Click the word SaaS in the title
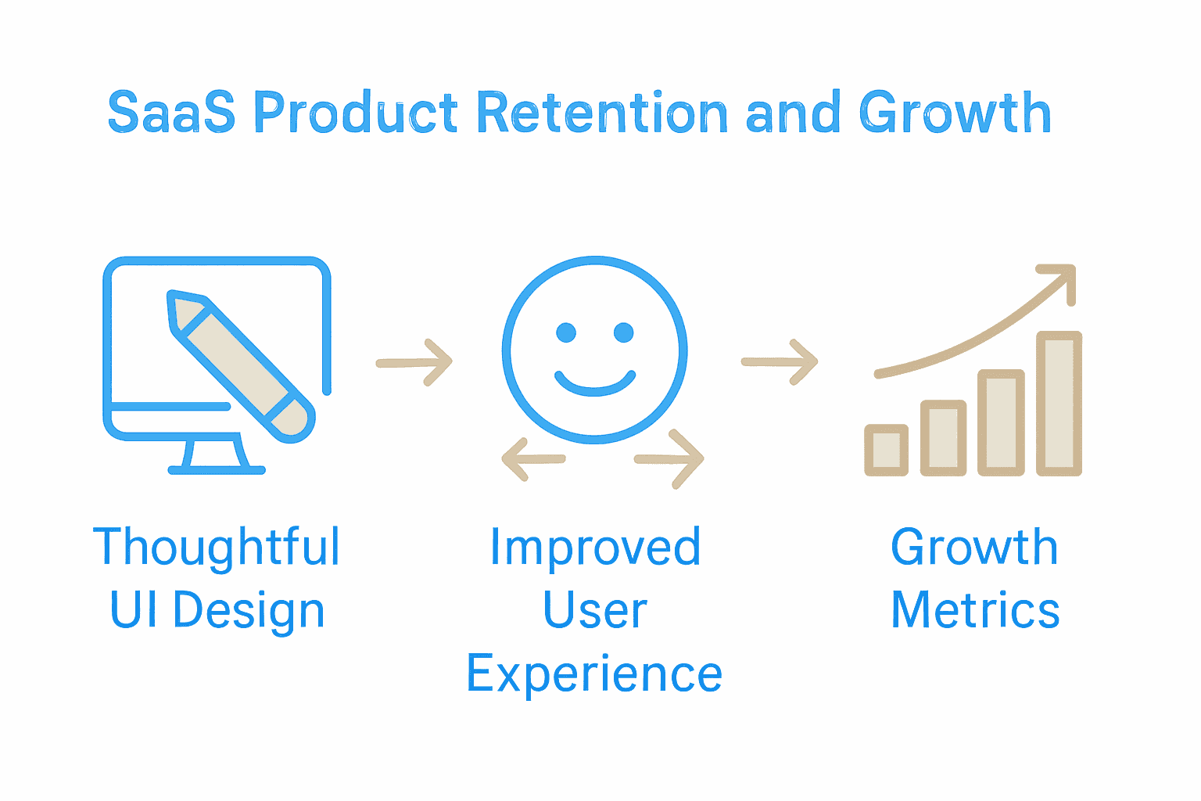point(170,113)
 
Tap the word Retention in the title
point(602,113)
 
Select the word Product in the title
point(356,113)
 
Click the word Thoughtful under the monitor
point(217,548)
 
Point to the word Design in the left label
point(249,612)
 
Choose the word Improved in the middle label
point(595,548)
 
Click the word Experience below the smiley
point(594,674)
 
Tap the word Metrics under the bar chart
point(975,611)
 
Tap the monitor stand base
point(217,469)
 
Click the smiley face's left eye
point(565,332)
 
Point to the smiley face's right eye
point(624,332)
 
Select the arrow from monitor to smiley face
point(414,362)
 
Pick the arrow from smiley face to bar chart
point(780,362)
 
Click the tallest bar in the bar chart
point(1059,403)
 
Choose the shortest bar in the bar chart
point(886,450)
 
